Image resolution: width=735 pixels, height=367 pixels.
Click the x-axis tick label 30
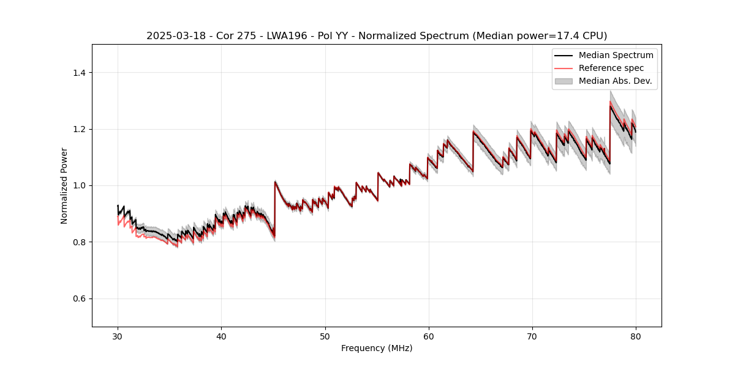pos(118,336)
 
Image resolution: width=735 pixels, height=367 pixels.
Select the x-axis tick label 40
pos(221,336)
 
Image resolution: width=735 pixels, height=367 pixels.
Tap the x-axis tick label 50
pos(325,336)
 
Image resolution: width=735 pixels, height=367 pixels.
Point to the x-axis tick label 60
pos(428,336)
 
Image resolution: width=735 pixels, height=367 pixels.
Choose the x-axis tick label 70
pos(532,336)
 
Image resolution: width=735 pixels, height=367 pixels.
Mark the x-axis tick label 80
pos(636,336)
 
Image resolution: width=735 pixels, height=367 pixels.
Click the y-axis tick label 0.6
pos(79,298)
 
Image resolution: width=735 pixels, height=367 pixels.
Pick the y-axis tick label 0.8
pos(79,242)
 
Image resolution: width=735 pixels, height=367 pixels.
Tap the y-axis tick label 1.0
pos(79,186)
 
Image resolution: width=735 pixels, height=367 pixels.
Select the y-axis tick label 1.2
pos(79,129)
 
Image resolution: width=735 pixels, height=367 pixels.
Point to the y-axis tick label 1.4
pos(79,73)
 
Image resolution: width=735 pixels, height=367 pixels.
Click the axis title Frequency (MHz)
pos(377,348)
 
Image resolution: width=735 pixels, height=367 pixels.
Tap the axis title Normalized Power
pos(64,185)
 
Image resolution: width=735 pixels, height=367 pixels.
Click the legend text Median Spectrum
pos(616,55)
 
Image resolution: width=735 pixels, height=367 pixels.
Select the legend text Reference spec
pos(611,68)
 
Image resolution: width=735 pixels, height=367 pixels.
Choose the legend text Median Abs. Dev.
pos(615,81)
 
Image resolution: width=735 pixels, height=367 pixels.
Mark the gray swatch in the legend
pos(563,81)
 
